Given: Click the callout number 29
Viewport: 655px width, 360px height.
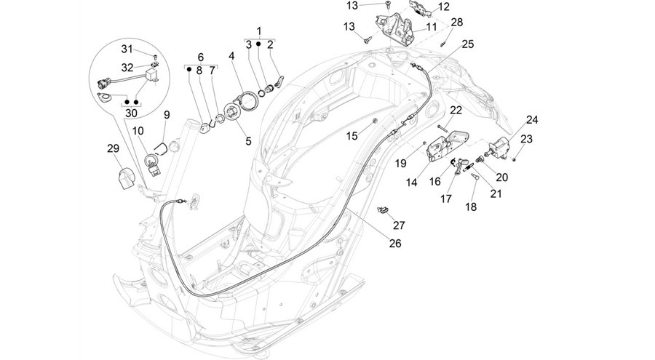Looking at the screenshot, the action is [x=113, y=148].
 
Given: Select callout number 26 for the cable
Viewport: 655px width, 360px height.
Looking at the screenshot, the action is [x=394, y=244].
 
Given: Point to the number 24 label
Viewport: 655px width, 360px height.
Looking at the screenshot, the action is [x=532, y=120].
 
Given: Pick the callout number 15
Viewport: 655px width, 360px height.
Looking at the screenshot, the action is [x=352, y=136].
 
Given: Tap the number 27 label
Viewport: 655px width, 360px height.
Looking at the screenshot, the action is [x=399, y=225].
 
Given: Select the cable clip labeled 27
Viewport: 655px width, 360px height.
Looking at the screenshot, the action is [x=382, y=209].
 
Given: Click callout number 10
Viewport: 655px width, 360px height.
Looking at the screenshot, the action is [x=138, y=131].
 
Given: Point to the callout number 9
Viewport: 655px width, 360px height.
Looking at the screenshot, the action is [x=167, y=115].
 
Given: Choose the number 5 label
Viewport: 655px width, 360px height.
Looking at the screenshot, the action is [x=248, y=142].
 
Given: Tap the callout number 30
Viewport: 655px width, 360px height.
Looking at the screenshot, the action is [x=131, y=113].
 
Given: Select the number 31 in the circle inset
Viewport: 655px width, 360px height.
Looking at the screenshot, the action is [x=127, y=49].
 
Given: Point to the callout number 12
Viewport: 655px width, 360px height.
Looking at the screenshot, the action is [x=443, y=7].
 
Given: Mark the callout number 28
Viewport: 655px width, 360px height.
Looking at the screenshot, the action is [x=457, y=22].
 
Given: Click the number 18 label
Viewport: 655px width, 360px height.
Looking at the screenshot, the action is [x=471, y=207].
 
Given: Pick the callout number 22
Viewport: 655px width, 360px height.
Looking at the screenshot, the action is [x=456, y=111].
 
